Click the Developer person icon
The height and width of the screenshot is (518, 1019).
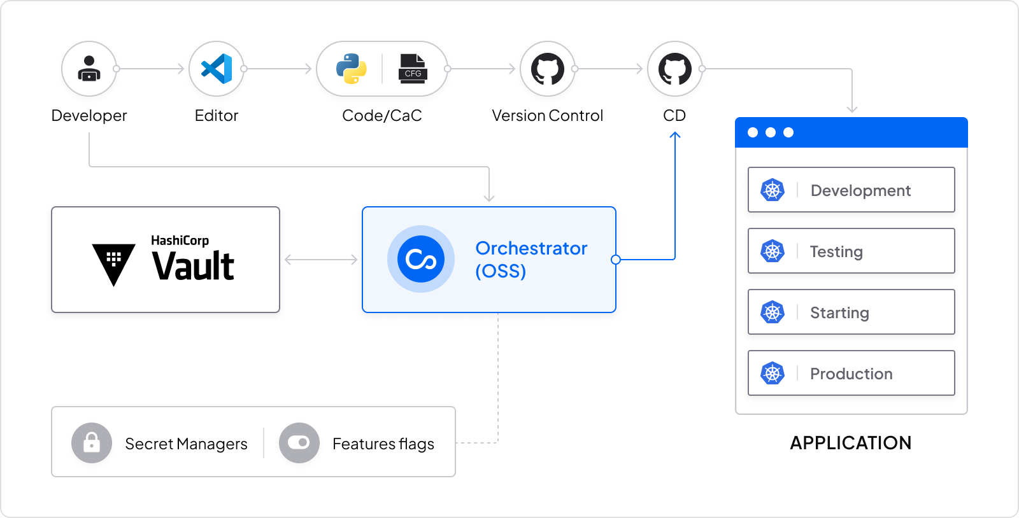(89, 68)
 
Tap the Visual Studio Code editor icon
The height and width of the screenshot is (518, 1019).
(217, 68)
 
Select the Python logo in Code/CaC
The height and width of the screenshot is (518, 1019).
(352, 68)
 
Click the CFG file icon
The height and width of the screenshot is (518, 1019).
(413, 68)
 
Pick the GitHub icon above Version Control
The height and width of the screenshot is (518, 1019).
(548, 68)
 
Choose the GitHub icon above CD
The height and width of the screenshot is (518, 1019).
(675, 68)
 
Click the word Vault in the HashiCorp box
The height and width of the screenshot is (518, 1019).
(193, 266)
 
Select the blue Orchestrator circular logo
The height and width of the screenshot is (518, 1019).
(421, 259)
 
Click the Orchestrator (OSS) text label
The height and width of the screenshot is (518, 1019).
(531, 259)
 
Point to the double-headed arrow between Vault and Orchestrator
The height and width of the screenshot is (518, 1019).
(321, 259)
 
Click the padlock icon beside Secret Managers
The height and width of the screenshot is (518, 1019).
(92, 443)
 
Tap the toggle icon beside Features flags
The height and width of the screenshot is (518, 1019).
(299, 443)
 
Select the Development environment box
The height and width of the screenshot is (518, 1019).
(851, 190)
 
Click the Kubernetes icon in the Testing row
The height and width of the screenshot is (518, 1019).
(773, 251)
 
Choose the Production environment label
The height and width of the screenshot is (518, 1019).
(851, 374)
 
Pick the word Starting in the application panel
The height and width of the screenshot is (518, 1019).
(839, 312)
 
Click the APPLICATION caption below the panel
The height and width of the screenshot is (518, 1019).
(850, 443)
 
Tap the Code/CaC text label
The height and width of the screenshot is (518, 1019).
(381, 115)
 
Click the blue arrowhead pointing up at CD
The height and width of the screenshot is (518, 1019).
(675, 135)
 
